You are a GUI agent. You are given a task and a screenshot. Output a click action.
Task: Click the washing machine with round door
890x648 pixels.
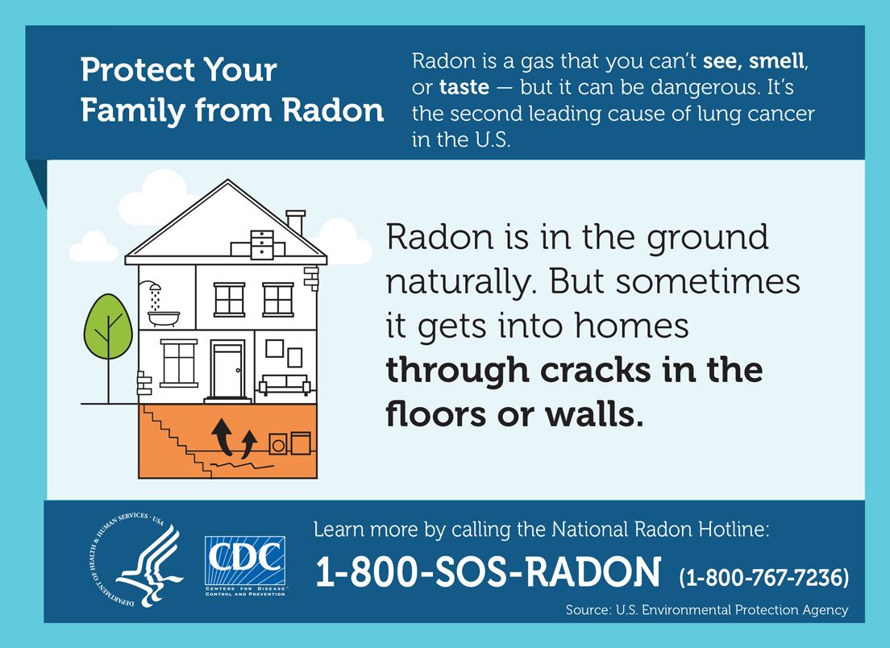[x=279, y=445]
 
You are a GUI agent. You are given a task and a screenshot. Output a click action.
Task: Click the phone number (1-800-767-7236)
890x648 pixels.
[x=764, y=577]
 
